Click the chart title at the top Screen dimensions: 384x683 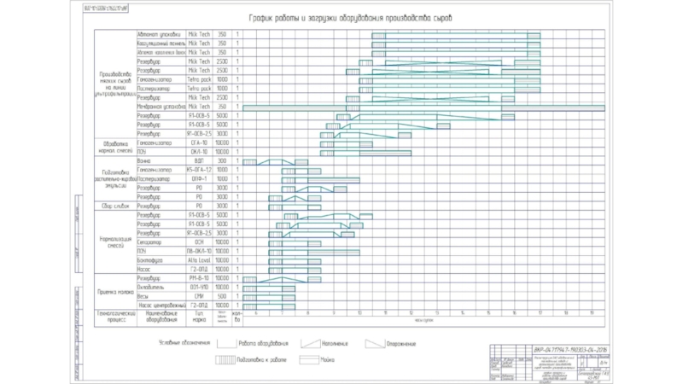[357, 18]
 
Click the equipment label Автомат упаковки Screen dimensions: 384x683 [159, 34]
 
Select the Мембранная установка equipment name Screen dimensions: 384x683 [159, 107]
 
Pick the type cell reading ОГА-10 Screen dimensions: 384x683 [199, 143]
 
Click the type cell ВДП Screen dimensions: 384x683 [199, 160]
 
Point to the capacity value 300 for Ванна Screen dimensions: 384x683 [222, 160]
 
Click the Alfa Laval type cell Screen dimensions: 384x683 [199, 260]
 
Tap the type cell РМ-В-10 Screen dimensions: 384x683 [199, 279]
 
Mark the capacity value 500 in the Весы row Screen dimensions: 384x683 [222, 296]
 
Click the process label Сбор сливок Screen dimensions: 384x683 [114, 207]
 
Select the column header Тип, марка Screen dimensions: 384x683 [199, 316]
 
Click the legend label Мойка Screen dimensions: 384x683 [328, 359]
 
